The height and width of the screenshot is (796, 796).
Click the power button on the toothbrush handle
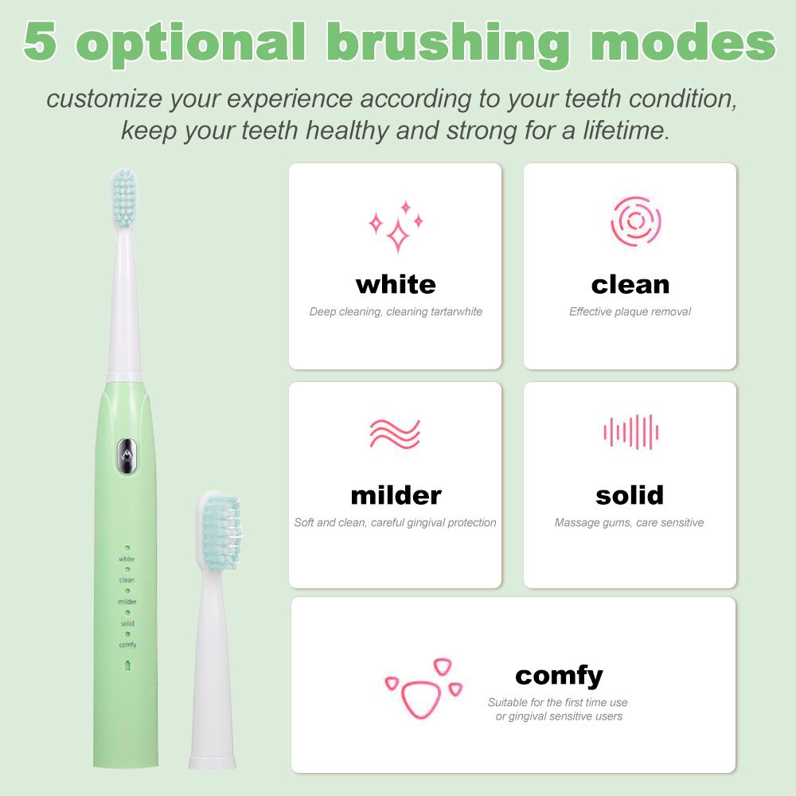click(127, 456)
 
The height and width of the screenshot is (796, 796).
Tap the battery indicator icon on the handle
click(128, 665)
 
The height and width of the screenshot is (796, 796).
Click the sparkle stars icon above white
click(396, 226)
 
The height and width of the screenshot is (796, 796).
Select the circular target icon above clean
click(635, 221)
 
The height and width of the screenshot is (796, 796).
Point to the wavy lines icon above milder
click(395, 434)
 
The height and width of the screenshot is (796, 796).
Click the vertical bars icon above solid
click(631, 432)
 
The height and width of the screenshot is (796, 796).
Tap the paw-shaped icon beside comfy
click(423, 689)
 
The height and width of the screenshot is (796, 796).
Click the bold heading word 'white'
click(396, 284)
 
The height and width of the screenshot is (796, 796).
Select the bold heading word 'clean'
click(630, 284)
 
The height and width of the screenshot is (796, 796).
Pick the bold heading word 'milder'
click(396, 495)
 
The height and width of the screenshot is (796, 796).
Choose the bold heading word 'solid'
click(630, 495)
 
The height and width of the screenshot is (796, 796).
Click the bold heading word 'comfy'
click(559, 676)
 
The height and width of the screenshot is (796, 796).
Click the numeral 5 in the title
click(40, 41)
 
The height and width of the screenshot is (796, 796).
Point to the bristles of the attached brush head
click(124, 197)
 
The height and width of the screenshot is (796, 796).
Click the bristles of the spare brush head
click(222, 530)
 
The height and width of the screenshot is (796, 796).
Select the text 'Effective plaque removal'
click(630, 311)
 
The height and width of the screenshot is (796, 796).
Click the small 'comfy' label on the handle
click(127, 645)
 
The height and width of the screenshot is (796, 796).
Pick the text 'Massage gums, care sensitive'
click(629, 522)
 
